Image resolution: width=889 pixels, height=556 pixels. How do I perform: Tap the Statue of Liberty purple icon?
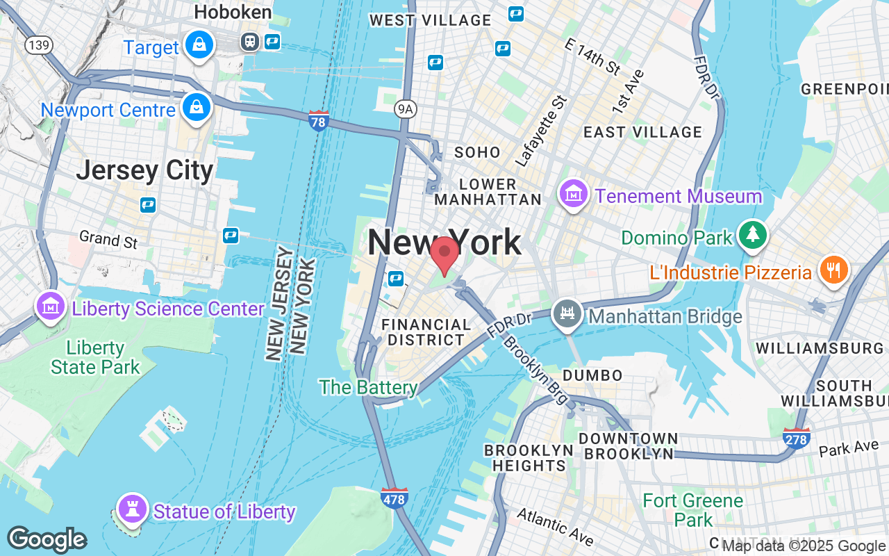[131, 510]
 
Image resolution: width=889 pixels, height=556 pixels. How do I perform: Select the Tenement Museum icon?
[574, 194]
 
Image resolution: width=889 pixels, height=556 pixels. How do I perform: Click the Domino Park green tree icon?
[751, 236]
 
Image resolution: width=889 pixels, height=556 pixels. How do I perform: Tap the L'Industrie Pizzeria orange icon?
[832, 270]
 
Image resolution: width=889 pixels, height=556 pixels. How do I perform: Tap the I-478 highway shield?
[394, 498]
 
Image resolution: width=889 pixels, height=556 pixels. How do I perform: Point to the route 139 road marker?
[38, 45]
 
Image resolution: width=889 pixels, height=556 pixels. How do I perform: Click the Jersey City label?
[144, 170]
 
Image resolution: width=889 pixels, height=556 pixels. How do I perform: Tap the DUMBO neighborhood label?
[592, 375]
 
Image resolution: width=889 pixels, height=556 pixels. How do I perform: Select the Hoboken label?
[233, 12]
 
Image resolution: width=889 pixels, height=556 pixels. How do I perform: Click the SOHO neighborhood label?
[477, 152]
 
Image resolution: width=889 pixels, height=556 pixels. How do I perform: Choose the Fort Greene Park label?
[692, 509]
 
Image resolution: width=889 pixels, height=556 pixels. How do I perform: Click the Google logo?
[47, 539]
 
